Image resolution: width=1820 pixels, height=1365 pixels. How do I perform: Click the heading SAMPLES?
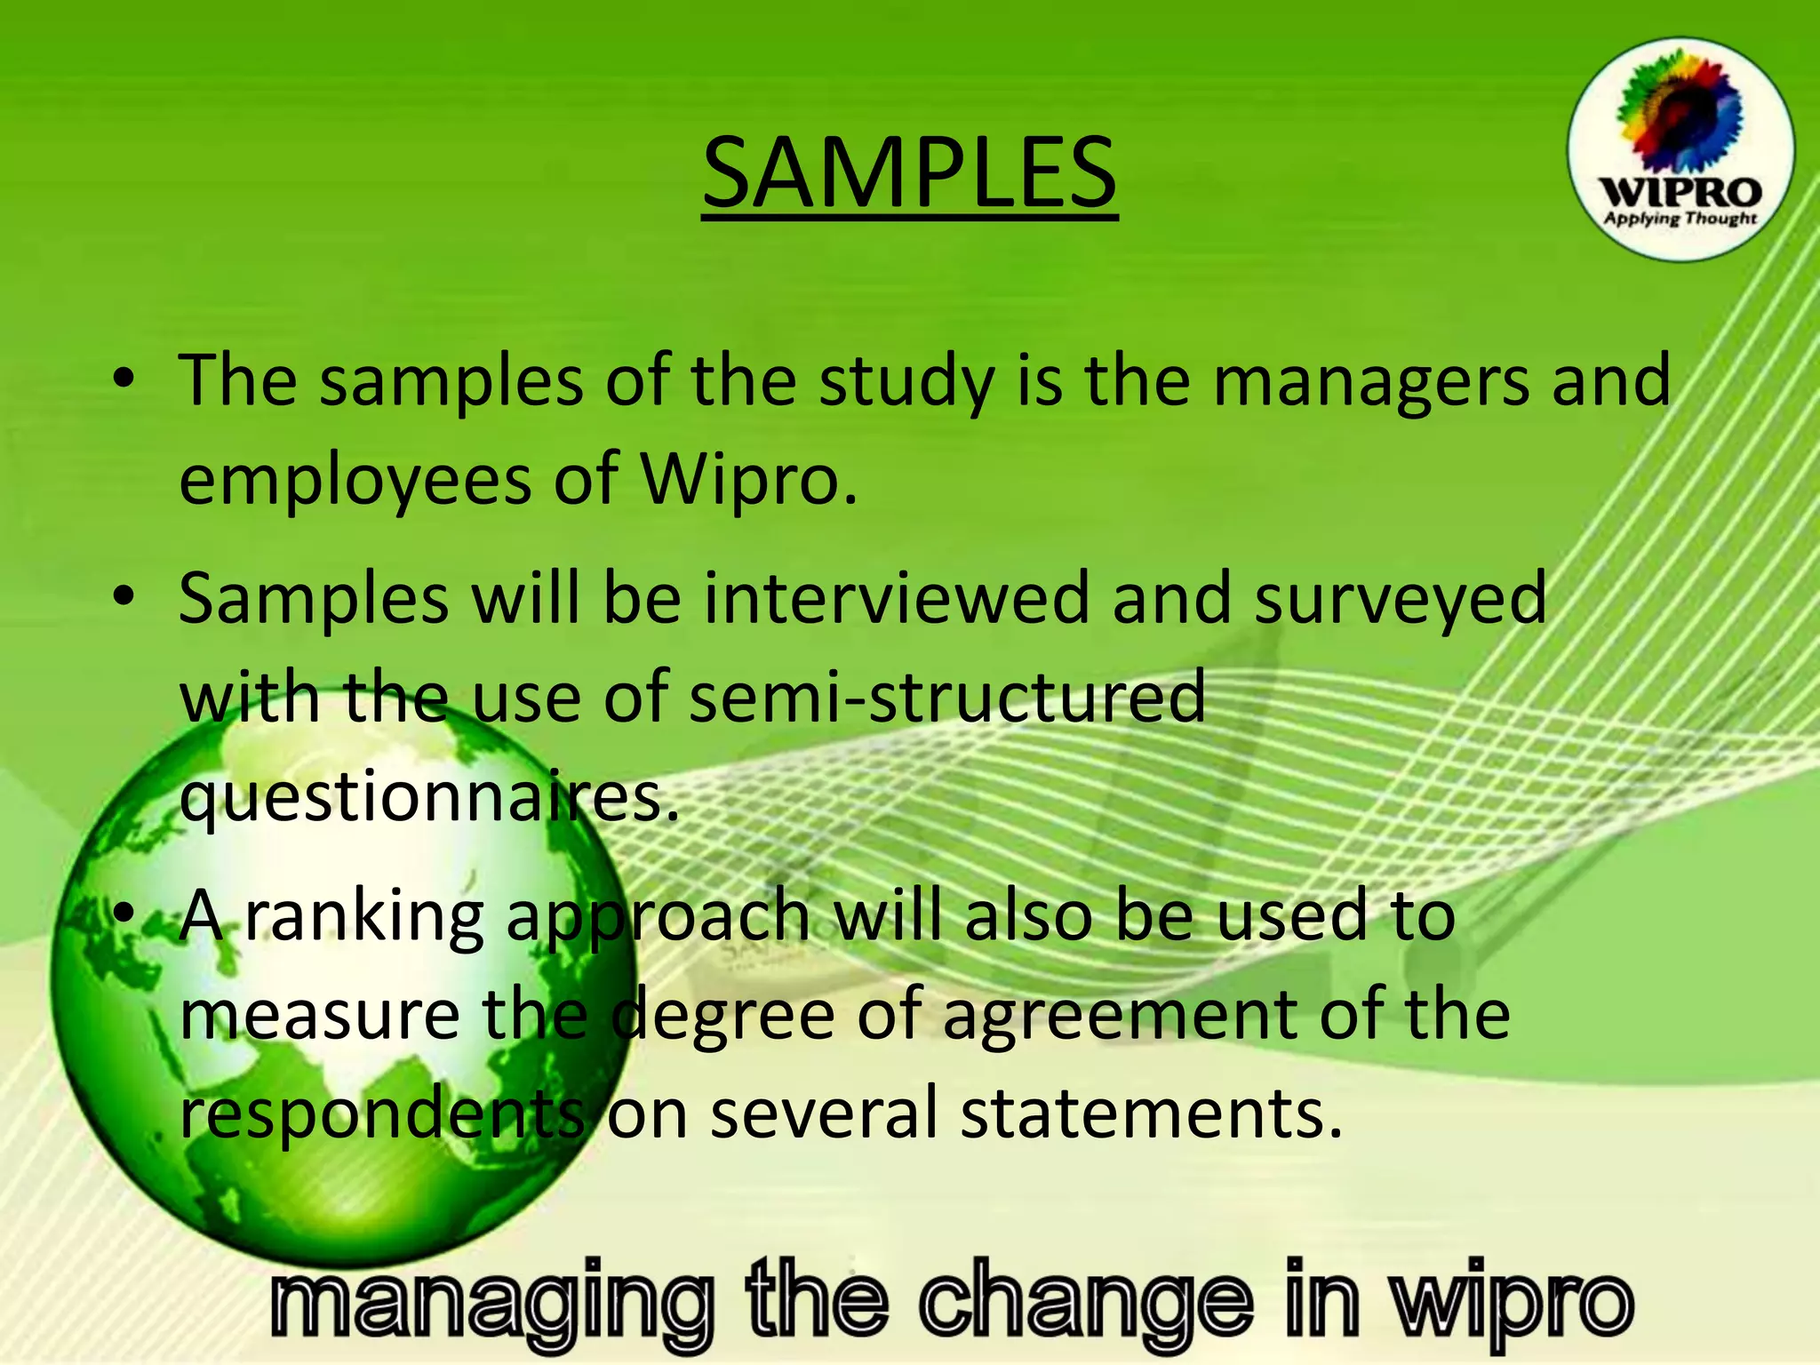point(909,172)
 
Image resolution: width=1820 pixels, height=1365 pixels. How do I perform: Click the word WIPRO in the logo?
point(1680,192)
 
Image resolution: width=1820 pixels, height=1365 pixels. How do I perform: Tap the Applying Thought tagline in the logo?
point(1680,218)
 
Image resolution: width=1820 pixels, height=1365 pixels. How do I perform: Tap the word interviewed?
point(896,598)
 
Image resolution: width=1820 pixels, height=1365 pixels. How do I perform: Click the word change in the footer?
point(1086,1303)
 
